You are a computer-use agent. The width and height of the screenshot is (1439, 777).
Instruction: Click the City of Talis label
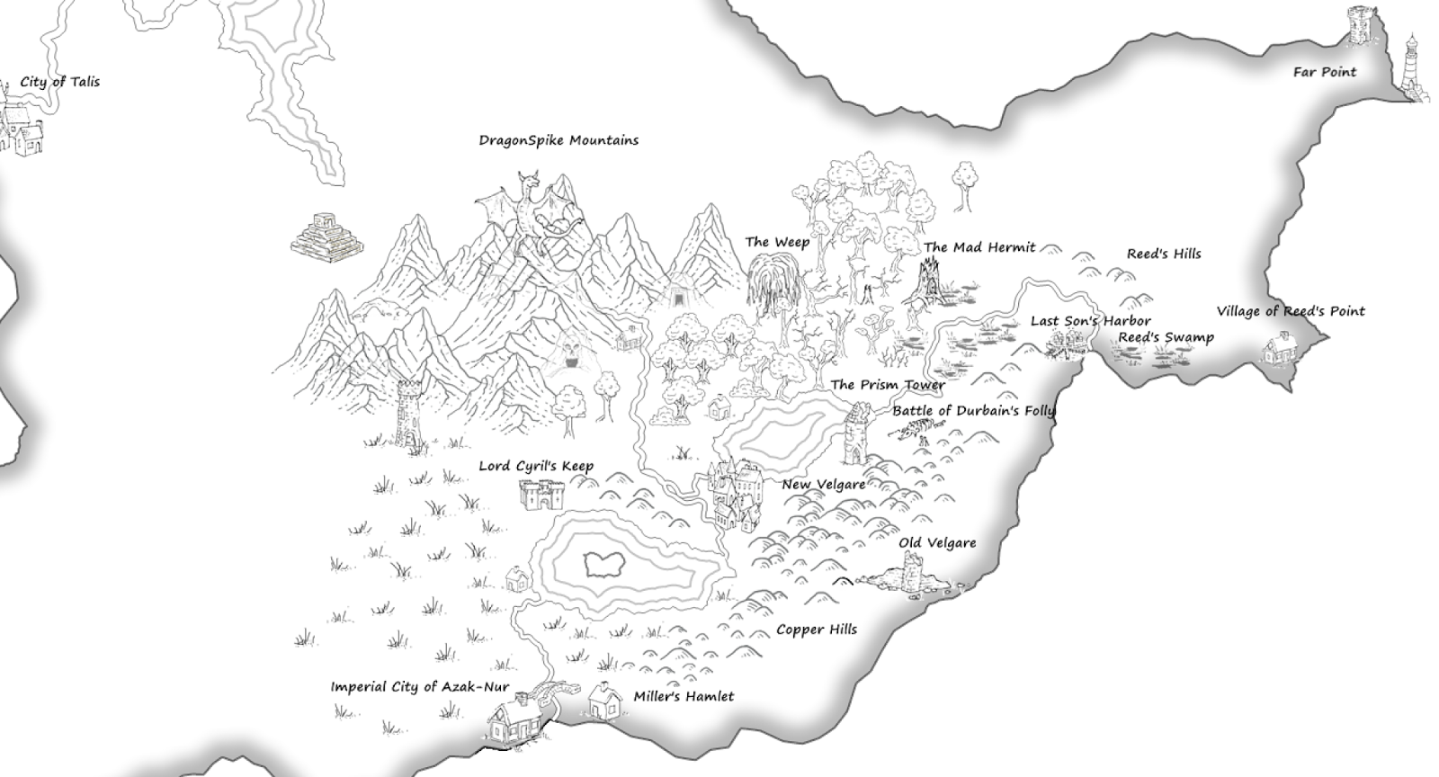(x=59, y=82)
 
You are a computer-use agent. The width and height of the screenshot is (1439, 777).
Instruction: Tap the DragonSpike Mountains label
(x=558, y=140)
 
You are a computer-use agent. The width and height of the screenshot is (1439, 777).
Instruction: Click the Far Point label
(x=1324, y=72)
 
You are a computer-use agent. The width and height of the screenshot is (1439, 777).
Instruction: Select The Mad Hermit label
(x=979, y=247)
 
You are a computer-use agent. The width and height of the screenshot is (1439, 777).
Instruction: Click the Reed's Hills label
(x=1163, y=254)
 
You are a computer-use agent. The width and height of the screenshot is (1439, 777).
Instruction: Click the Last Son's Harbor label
(x=1090, y=321)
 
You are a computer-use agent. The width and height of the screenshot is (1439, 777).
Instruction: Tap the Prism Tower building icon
(x=856, y=433)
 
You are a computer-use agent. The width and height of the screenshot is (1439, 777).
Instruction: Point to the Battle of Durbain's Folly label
(x=973, y=411)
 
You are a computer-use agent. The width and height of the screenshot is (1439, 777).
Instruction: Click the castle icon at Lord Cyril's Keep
(x=542, y=494)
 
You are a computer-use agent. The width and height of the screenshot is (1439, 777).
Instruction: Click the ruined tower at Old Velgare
(x=914, y=574)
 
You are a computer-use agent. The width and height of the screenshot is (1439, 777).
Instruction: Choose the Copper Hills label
(x=816, y=630)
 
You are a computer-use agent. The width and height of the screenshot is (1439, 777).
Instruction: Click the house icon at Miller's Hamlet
(x=605, y=701)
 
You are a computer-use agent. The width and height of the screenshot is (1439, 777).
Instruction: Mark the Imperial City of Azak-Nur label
(x=419, y=687)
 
